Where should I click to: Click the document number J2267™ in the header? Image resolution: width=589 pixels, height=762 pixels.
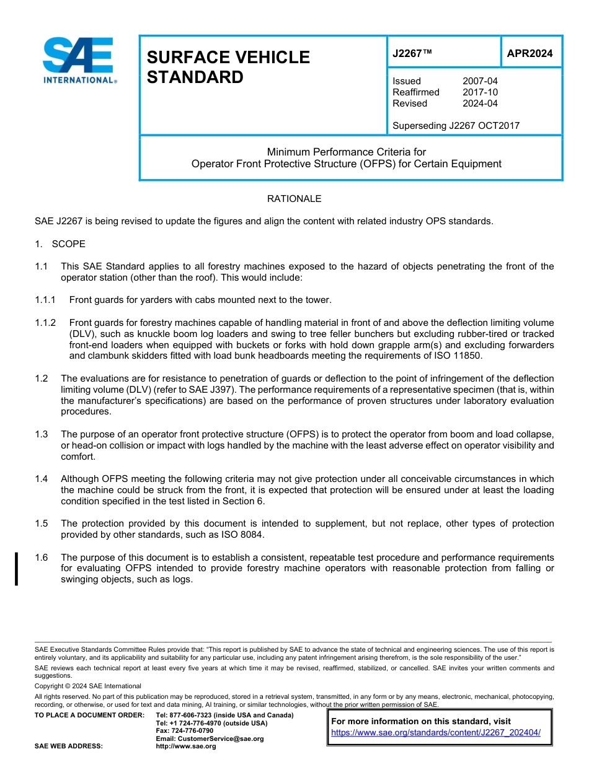[412, 54]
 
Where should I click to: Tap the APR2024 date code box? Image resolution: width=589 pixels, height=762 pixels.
[529, 53]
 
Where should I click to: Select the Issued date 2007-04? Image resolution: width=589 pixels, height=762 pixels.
[480, 81]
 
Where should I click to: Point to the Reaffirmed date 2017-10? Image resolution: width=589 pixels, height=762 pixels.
[480, 92]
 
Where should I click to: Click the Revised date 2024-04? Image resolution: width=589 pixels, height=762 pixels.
[480, 103]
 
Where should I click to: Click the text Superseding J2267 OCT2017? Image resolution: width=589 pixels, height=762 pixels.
[456, 126]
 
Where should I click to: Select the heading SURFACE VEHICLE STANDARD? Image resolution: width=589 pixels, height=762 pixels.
[228, 67]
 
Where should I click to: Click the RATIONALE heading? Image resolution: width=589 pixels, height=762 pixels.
[294, 199]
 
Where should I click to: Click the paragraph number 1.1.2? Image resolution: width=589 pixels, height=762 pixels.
[45, 323]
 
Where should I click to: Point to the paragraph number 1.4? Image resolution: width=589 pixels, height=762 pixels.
[41, 479]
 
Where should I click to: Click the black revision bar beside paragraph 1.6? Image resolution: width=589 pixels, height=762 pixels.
[16, 568]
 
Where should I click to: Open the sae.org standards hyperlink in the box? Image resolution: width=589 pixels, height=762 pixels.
[436, 732]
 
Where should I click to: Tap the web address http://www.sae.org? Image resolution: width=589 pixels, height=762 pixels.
[186, 747]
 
